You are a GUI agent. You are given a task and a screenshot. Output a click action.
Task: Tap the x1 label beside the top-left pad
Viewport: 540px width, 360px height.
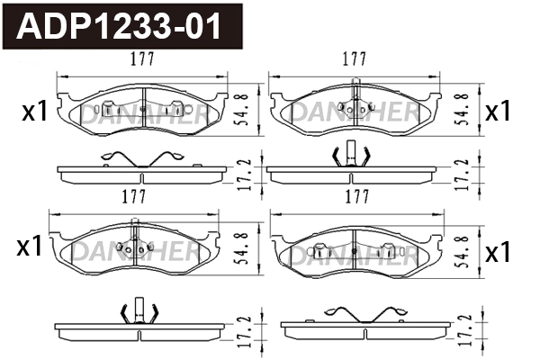(x=33, y=112)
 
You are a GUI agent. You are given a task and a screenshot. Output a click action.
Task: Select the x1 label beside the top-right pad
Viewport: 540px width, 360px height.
(x=498, y=112)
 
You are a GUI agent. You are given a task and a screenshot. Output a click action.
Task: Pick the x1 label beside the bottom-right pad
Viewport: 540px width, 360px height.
(x=498, y=252)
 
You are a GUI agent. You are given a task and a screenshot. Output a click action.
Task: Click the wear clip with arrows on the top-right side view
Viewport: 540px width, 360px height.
(x=354, y=156)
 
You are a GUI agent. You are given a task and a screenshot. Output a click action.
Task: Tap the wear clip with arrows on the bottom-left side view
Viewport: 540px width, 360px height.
(x=139, y=311)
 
